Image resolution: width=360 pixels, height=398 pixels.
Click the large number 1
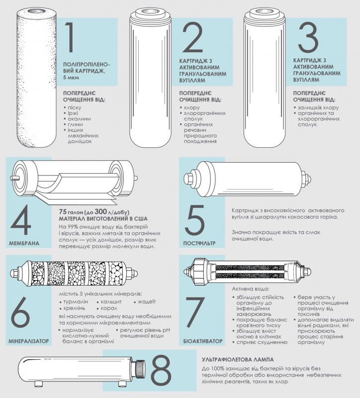pyautogui.click(x=70, y=37)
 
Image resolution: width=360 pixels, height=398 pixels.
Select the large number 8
pyautogui.click(x=161, y=370)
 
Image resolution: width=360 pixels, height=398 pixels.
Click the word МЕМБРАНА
pyautogui.click(x=24, y=243)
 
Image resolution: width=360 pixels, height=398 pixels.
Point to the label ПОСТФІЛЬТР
pyautogui.click(x=199, y=243)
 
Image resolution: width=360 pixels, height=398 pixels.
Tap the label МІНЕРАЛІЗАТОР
pyautogui.click(x=29, y=341)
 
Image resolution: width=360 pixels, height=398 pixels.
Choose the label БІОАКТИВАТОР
pyautogui.click(x=203, y=341)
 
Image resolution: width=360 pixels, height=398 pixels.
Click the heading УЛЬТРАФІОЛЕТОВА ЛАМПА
pyautogui.click(x=238, y=360)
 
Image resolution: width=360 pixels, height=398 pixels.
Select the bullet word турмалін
pyautogui.click(x=76, y=302)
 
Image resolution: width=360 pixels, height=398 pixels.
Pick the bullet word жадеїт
pyautogui.click(x=147, y=302)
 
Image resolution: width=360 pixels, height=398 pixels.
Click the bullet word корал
pyautogui.click(x=109, y=308)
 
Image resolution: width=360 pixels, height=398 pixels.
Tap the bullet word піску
pyautogui.click(x=74, y=107)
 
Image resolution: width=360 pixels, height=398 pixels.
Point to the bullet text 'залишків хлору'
pyautogui.click(x=318, y=107)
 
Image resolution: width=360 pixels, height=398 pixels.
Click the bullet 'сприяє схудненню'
pyautogui.click(x=262, y=342)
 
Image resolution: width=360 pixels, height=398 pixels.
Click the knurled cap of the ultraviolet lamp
pyautogui.click(x=139, y=369)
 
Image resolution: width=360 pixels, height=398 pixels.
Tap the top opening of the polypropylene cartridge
pyautogui.click(x=37, y=11)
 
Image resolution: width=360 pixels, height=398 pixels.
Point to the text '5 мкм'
pyautogui.click(x=71, y=77)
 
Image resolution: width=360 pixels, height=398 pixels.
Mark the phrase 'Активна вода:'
pyautogui.click(x=251, y=289)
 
